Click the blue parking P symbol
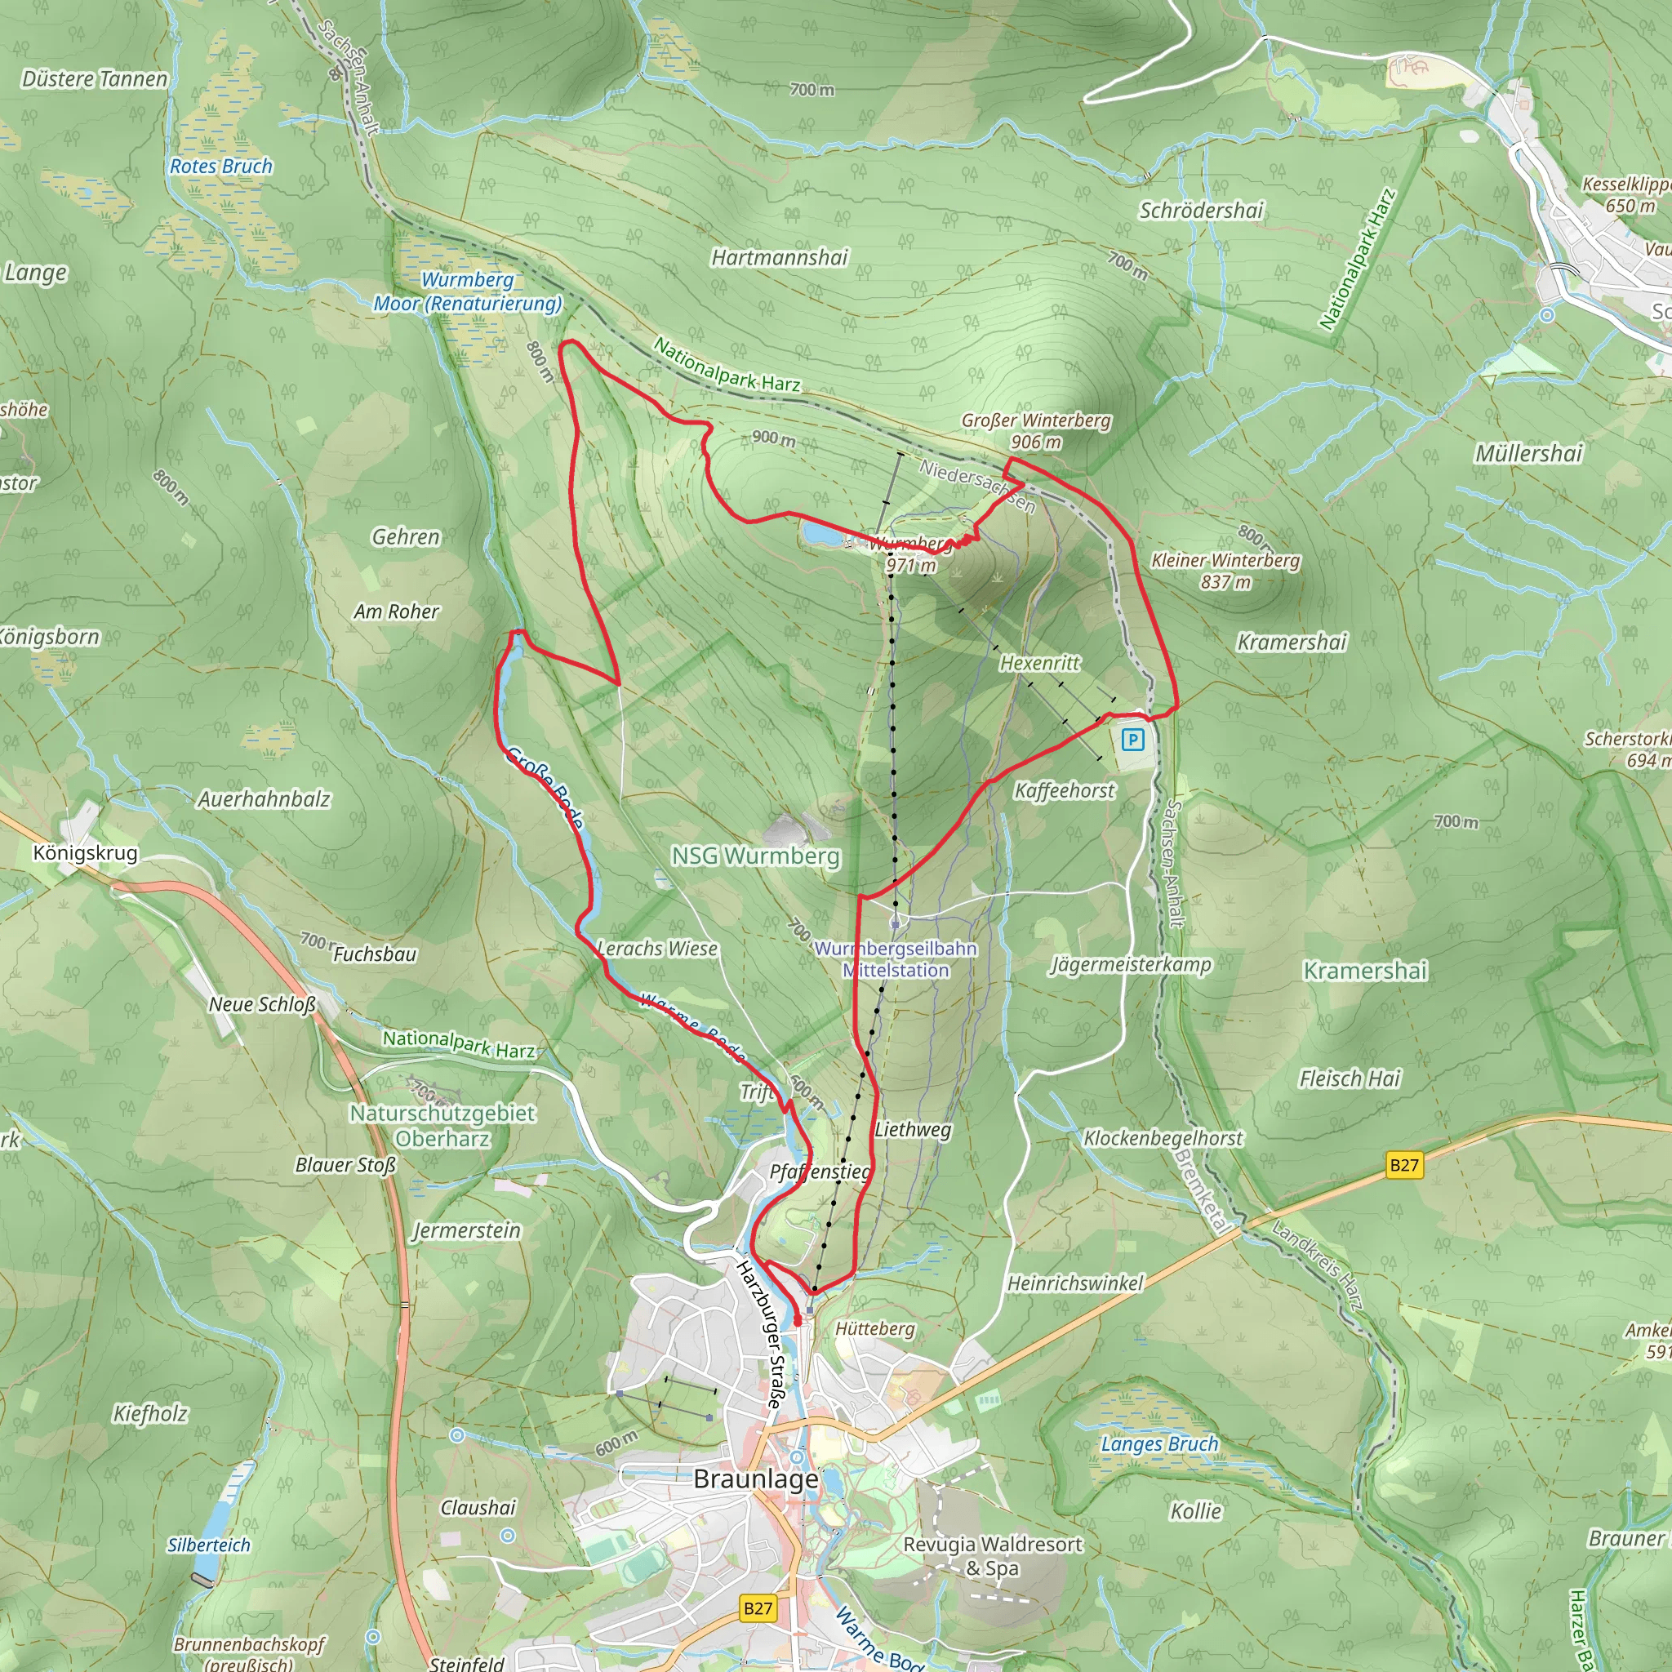[1132, 740]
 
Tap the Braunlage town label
[755, 1479]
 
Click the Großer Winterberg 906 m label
[1036, 431]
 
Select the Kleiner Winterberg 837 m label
[1225, 571]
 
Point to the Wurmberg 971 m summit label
[909, 554]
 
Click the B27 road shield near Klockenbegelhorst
[1403, 1165]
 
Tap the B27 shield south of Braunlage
[758, 1608]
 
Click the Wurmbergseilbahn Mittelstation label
[896, 960]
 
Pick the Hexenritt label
[1039, 664]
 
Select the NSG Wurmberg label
[755, 856]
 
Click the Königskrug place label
[85, 853]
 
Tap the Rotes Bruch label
[220, 167]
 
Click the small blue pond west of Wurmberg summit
[820, 534]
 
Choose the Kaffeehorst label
[1065, 790]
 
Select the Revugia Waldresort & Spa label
[993, 1555]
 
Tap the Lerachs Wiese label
[658, 949]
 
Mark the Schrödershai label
[1201, 211]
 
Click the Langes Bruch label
[1158, 1443]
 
